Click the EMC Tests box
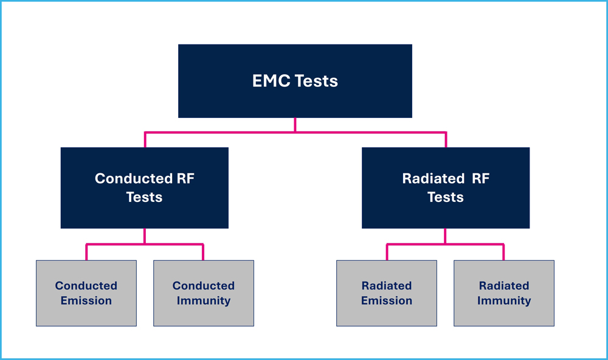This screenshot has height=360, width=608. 295,81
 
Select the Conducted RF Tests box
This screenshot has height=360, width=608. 145,188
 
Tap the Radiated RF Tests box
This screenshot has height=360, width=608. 446,188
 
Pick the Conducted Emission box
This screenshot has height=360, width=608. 86,293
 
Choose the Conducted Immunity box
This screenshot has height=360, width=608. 204,293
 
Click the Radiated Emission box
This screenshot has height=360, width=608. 387,293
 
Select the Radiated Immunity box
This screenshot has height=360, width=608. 504,293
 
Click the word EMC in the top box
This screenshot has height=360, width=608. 271,81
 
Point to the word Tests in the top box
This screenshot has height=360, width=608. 316,81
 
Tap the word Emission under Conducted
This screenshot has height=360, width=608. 86,300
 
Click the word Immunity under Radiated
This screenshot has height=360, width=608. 504,301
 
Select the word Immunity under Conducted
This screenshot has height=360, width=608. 204,301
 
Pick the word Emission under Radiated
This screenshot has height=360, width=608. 387,300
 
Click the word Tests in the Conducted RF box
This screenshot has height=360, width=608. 144,197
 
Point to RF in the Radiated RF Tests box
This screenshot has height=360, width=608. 480,178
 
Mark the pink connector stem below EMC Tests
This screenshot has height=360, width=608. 295,125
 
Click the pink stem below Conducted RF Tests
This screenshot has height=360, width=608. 145,236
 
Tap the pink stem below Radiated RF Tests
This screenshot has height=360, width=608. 445,236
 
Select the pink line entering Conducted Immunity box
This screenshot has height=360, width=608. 203,252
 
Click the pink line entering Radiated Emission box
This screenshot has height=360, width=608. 387,252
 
